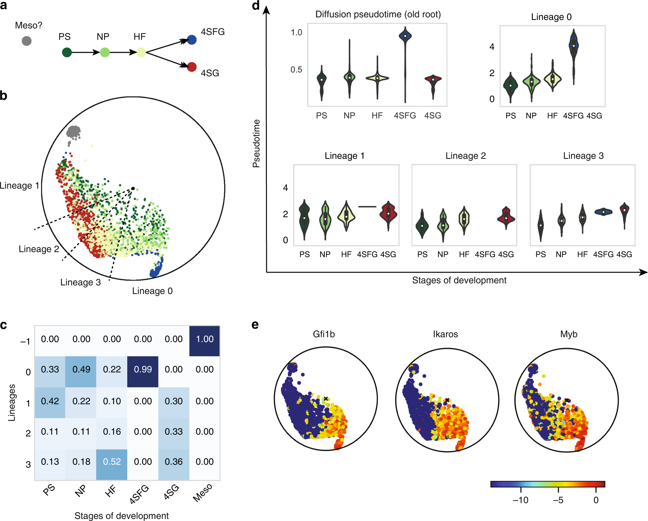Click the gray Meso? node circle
[27, 41]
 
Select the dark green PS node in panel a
[67, 52]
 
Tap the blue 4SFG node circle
[192, 40]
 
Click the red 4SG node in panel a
[192, 67]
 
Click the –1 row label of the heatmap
[25, 341]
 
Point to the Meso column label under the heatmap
[203, 492]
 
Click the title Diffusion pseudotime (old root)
[378, 14]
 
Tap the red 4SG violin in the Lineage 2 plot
[506, 217]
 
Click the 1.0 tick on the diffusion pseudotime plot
[296, 32]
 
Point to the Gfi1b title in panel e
[324, 334]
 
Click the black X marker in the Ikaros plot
[447, 400]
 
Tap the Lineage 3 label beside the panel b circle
[80, 282]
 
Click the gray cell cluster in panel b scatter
[74, 132]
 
